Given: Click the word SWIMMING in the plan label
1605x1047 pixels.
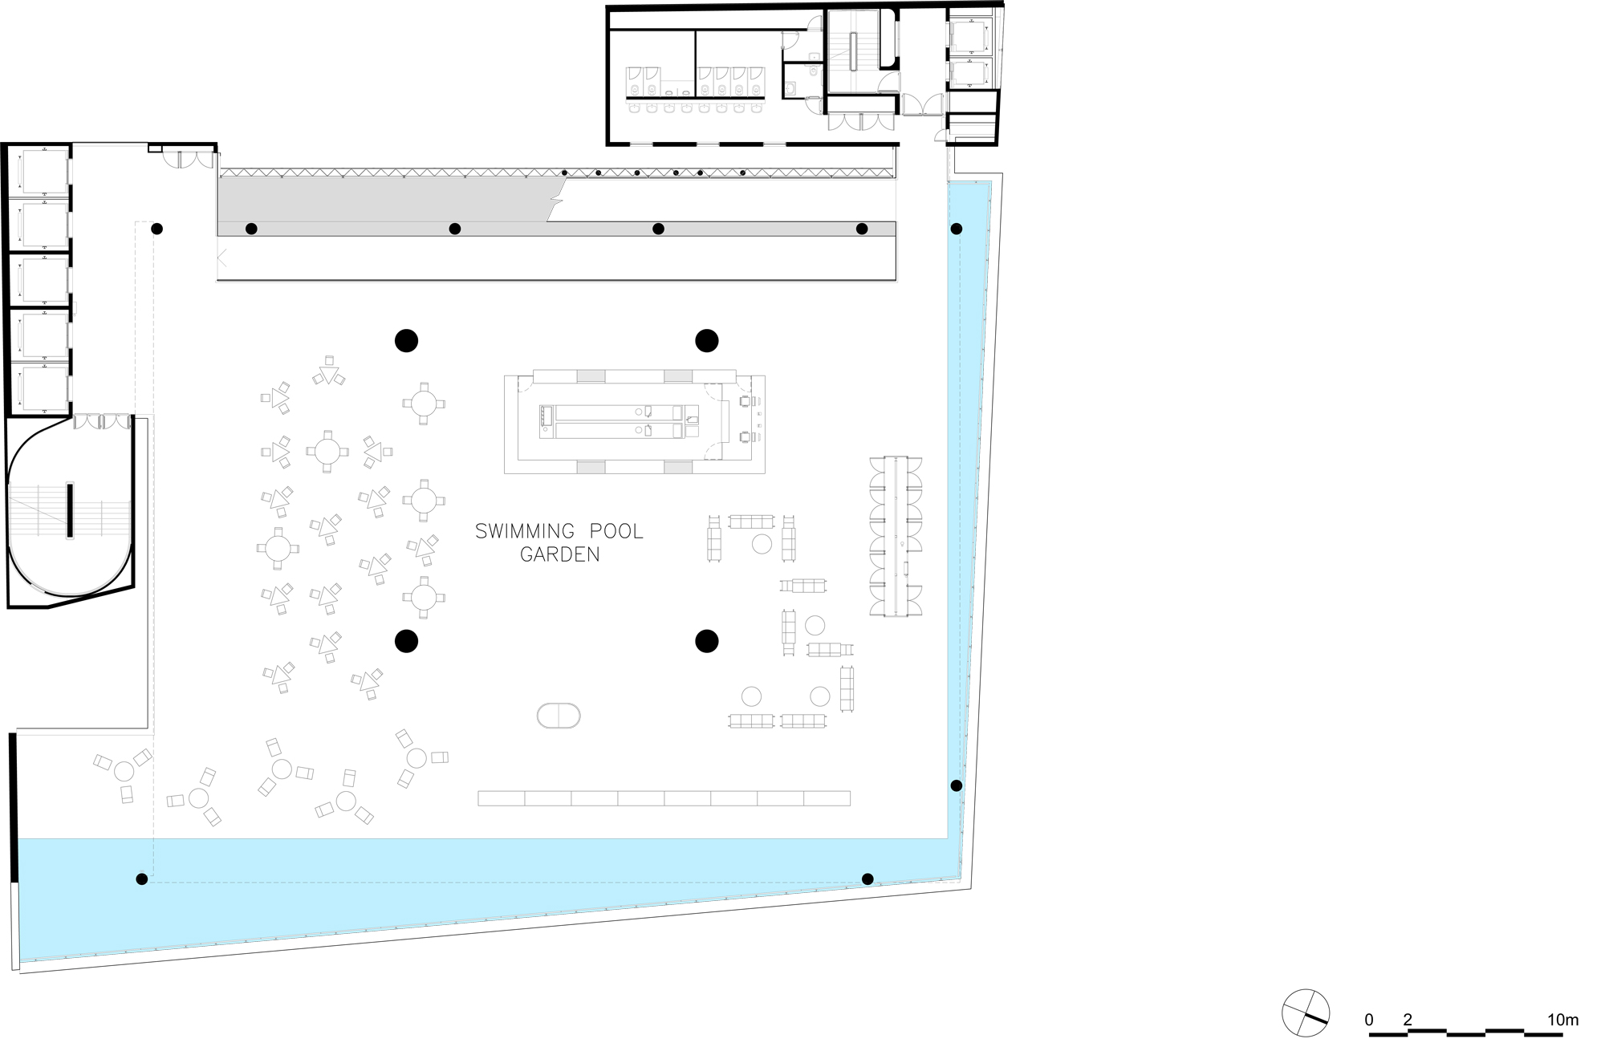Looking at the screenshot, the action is pyautogui.click(x=525, y=532).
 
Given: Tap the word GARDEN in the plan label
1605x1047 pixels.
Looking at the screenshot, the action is pyautogui.click(x=559, y=554).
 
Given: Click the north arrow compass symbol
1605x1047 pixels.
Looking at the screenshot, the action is pyautogui.click(x=1306, y=1013).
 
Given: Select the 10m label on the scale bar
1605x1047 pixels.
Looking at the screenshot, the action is pyautogui.click(x=1562, y=1020).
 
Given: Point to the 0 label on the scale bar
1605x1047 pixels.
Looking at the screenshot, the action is pyautogui.click(x=1369, y=1020).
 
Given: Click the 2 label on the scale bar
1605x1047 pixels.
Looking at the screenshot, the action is pyautogui.click(x=1408, y=1020).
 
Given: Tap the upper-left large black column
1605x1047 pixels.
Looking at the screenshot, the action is pyautogui.click(x=407, y=341).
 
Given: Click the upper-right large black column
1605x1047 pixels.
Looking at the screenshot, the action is pyautogui.click(x=707, y=341).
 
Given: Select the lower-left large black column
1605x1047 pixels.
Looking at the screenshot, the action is pyautogui.click(x=407, y=641).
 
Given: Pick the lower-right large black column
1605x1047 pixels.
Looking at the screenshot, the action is pyautogui.click(x=707, y=641).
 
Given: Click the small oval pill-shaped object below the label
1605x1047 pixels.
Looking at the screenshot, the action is pyautogui.click(x=559, y=716).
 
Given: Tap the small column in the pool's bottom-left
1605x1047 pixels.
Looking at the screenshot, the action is pyautogui.click(x=142, y=879).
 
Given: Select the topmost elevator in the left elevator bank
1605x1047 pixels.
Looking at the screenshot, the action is pyautogui.click(x=45, y=171).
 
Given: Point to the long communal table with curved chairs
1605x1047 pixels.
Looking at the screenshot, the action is pyautogui.click(x=896, y=536).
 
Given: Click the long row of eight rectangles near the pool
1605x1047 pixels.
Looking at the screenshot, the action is pyautogui.click(x=664, y=798).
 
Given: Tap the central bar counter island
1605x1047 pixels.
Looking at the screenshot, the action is pyautogui.click(x=635, y=424).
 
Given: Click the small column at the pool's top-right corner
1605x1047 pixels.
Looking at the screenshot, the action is pyautogui.click(x=957, y=229).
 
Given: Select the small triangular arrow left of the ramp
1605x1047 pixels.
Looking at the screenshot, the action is pyautogui.click(x=222, y=258).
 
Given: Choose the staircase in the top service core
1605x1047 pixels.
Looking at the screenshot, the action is pyautogui.click(x=856, y=50).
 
